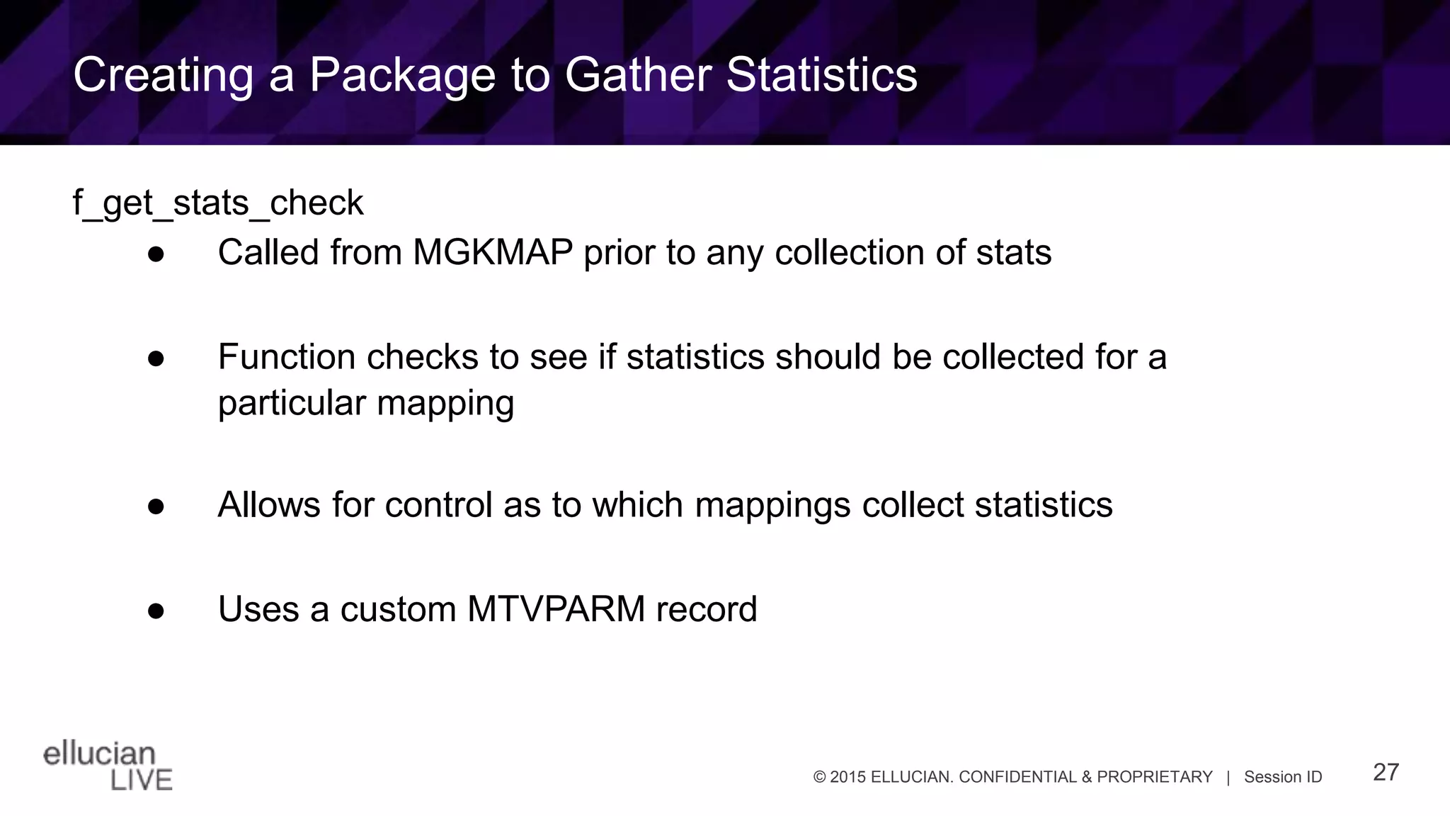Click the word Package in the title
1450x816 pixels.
click(x=401, y=75)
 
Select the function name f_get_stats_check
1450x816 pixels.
click(x=218, y=203)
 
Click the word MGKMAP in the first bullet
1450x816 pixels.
click(x=493, y=253)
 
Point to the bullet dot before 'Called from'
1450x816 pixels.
click(x=156, y=254)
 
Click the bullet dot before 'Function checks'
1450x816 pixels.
click(x=156, y=358)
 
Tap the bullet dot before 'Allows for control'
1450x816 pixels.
click(x=156, y=506)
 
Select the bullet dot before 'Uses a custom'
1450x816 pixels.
click(x=156, y=611)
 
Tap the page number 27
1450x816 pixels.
click(x=1386, y=772)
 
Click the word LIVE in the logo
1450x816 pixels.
click(x=142, y=780)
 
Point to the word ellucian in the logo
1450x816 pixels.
click(x=99, y=754)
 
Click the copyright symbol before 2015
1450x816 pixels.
click(x=820, y=777)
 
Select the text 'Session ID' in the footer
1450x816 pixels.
click(x=1283, y=777)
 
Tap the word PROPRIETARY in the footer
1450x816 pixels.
click(x=1155, y=777)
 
